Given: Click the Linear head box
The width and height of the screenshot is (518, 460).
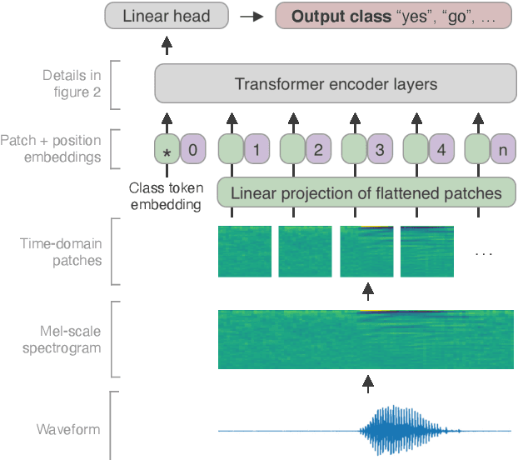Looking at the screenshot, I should tap(168, 16).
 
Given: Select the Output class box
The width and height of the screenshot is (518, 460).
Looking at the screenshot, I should tap(392, 16).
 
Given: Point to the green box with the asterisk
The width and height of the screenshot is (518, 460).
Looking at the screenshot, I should tap(167, 150).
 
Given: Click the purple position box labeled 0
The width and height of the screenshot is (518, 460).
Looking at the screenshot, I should tap(193, 150).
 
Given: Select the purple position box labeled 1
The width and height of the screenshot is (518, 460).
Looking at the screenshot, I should tap(257, 150).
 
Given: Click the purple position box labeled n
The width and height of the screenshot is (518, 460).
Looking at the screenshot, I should tap(502, 150).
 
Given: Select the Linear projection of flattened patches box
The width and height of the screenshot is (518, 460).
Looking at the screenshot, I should tap(366, 193).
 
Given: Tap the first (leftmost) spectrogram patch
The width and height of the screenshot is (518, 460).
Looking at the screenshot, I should tap(244, 252).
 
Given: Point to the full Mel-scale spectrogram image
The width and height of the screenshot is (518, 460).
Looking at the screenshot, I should tap(366, 339).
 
